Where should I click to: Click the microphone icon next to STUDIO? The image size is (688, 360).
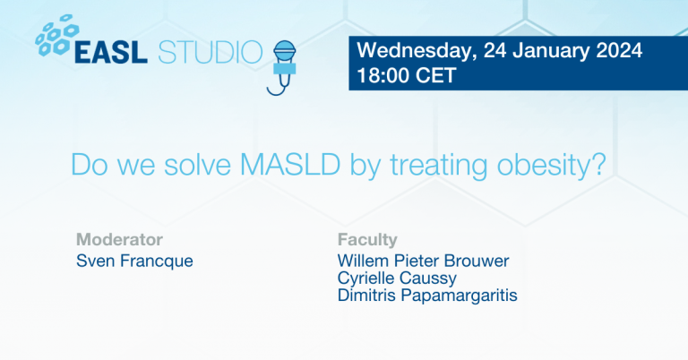tap(285, 63)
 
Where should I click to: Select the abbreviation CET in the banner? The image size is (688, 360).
tap(437, 76)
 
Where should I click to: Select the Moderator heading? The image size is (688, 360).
tap(119, 239)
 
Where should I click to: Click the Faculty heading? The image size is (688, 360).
tap(367, 239)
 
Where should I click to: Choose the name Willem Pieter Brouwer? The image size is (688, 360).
tap(423, 261)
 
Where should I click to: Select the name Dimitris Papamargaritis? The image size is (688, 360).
tap(427, 296)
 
